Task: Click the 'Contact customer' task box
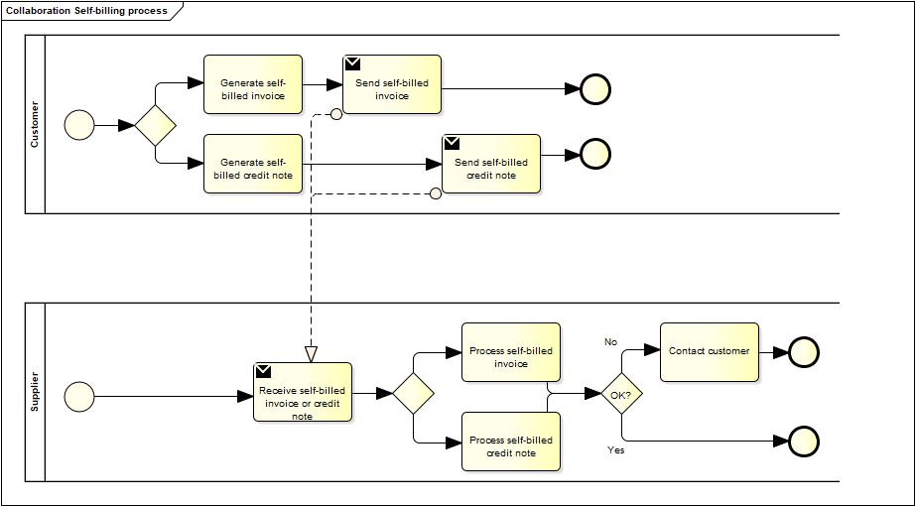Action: click(709, 352)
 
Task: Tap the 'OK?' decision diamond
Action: click(622, 394)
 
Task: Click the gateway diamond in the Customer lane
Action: click(156, 125)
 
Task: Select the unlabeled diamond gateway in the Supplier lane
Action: click(414, 394)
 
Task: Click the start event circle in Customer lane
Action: click(79, 125)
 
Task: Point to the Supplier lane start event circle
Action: click(79, 397)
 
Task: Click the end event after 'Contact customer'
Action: click(803, 352)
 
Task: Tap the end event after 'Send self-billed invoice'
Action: click(595, 89)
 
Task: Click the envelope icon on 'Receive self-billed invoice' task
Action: click(263, 371)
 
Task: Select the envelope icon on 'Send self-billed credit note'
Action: click(452, 143)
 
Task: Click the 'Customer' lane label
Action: click(35, 124)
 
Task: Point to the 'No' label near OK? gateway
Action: click(611, 341)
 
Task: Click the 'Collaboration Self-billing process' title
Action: click(87, 10)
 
